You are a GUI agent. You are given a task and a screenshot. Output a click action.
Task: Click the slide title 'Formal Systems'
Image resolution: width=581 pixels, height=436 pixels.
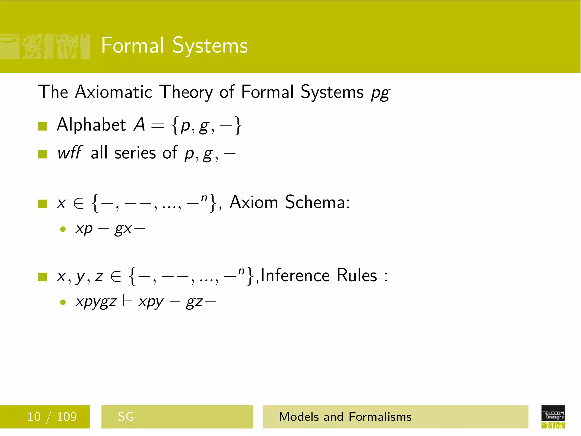pyautogui.click(x=174, y=45)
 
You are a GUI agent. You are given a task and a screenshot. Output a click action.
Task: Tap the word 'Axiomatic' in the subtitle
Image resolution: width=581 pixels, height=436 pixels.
pyautogui.click(x=114, y=92)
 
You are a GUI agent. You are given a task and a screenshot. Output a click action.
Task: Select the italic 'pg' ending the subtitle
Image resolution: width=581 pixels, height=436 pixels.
pyautogui.click(x=380, y=93)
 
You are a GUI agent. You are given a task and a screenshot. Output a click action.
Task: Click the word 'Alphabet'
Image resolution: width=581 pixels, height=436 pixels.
pyautogui.click(x=91, y=125)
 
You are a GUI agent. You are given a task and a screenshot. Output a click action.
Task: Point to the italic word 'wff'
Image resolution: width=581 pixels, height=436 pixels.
pyautogui.click(x=70, y=153)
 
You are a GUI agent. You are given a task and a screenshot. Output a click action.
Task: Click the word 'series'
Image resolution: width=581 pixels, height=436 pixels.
pyautogui.click(x=135, y=153)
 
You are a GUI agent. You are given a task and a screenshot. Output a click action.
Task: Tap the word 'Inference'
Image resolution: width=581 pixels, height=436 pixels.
pyautogui.click(x=295, y=275)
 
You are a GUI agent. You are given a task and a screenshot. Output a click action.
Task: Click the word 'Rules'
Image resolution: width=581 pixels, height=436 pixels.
pyautogui.click(x=357, y=275)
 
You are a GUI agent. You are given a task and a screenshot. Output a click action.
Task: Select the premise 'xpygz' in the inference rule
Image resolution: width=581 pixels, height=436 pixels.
pyautogui.click(x=96, y=302)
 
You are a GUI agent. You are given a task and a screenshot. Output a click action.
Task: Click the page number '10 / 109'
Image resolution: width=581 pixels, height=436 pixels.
pyautogui.click(x=52, y=416)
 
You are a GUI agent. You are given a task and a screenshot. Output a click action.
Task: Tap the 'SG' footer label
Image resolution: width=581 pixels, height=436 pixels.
pyautogui.click(x=126, y=416)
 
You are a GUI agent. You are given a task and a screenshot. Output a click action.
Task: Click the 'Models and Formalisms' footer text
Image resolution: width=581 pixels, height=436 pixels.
pyautogui.click(x=345, y=416)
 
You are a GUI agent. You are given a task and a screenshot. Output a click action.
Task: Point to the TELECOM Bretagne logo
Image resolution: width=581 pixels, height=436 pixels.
pyautogui.click(x=553, y=416)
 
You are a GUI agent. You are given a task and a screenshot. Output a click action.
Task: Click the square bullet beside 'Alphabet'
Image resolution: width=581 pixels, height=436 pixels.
pyautogui.click(x=43, y=126)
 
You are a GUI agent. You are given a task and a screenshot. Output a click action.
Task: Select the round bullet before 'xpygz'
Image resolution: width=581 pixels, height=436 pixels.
pyautogui.click(x=63, y=302)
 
